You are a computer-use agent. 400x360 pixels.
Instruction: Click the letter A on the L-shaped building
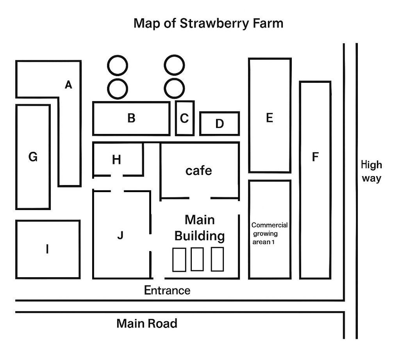coord(69,84)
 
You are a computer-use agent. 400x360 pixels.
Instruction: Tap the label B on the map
coord(131,118)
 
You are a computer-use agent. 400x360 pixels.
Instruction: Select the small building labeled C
coord(185,118)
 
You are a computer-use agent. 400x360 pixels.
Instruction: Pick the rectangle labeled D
coord(220,124)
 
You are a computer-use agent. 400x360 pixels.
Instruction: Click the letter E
coord(269,118)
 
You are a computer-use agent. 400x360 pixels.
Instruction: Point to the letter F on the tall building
coord(315,157)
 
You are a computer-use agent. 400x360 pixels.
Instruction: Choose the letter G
coord(33,157)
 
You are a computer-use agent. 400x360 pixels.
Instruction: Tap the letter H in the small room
coord(116,160)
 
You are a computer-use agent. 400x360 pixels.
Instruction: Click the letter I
coord(47,249)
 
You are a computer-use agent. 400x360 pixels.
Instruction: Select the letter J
coord(120,235)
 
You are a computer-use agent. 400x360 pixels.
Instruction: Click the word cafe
coord(198,171)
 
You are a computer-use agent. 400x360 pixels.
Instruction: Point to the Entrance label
coord(167,290)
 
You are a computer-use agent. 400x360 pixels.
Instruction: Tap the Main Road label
coord(147,324)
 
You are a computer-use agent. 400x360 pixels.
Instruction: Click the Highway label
coord(371,171)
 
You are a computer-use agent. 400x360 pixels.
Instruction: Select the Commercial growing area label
coord(270,233)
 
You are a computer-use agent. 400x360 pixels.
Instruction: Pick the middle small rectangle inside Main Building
coord(197,259)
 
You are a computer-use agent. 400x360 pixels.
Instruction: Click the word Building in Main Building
coord(200,236)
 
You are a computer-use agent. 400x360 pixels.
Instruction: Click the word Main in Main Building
coord(200,220)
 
